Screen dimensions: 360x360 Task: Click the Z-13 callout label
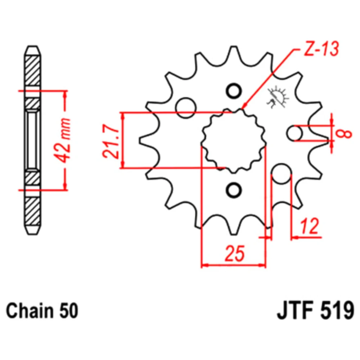pyautogui.click(x=321, y=49)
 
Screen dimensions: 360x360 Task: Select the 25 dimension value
pyautogui.click(x=235, y=253)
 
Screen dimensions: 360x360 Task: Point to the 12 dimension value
pyautogui.click(x=310, y=226)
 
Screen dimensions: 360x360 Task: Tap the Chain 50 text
pyautogui.click(x=42, y=311)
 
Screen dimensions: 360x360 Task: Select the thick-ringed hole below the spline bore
pyautogui.click(x=234, y=190)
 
